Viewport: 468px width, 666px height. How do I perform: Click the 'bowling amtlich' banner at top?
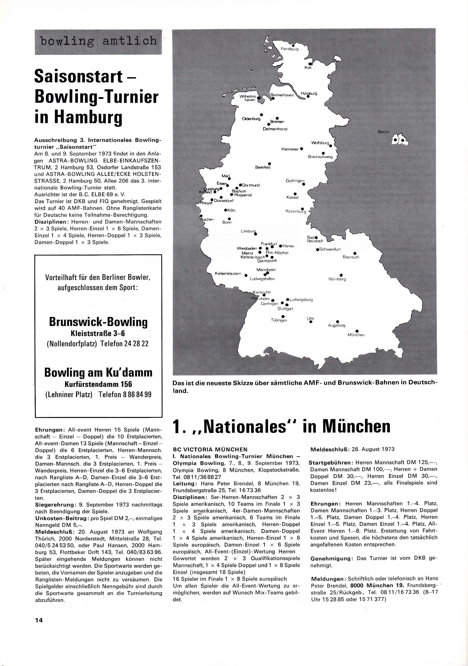[98, 41]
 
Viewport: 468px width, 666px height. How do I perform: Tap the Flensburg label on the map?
[289, 49]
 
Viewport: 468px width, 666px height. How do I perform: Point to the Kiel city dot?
[310, 64]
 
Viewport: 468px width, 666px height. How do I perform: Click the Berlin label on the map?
[383, 132]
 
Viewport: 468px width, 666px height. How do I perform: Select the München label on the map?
[356, 335]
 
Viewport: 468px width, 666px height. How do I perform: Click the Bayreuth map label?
[351, 257]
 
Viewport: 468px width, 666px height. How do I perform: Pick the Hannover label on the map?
[290, 149]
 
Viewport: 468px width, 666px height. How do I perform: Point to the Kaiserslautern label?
[228, 274]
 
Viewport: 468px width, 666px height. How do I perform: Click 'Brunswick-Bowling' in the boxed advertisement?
[98, 322]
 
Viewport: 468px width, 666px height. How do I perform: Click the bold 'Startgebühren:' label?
[330, 462]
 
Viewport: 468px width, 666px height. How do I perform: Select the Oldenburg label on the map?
[251, 119]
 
